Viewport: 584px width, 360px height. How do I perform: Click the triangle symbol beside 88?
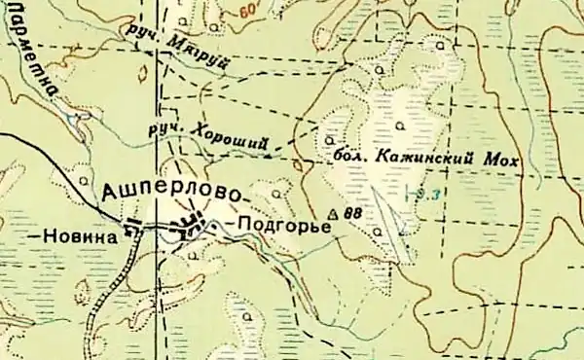point(334,213)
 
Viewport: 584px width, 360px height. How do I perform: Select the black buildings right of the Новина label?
point(132,230)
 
